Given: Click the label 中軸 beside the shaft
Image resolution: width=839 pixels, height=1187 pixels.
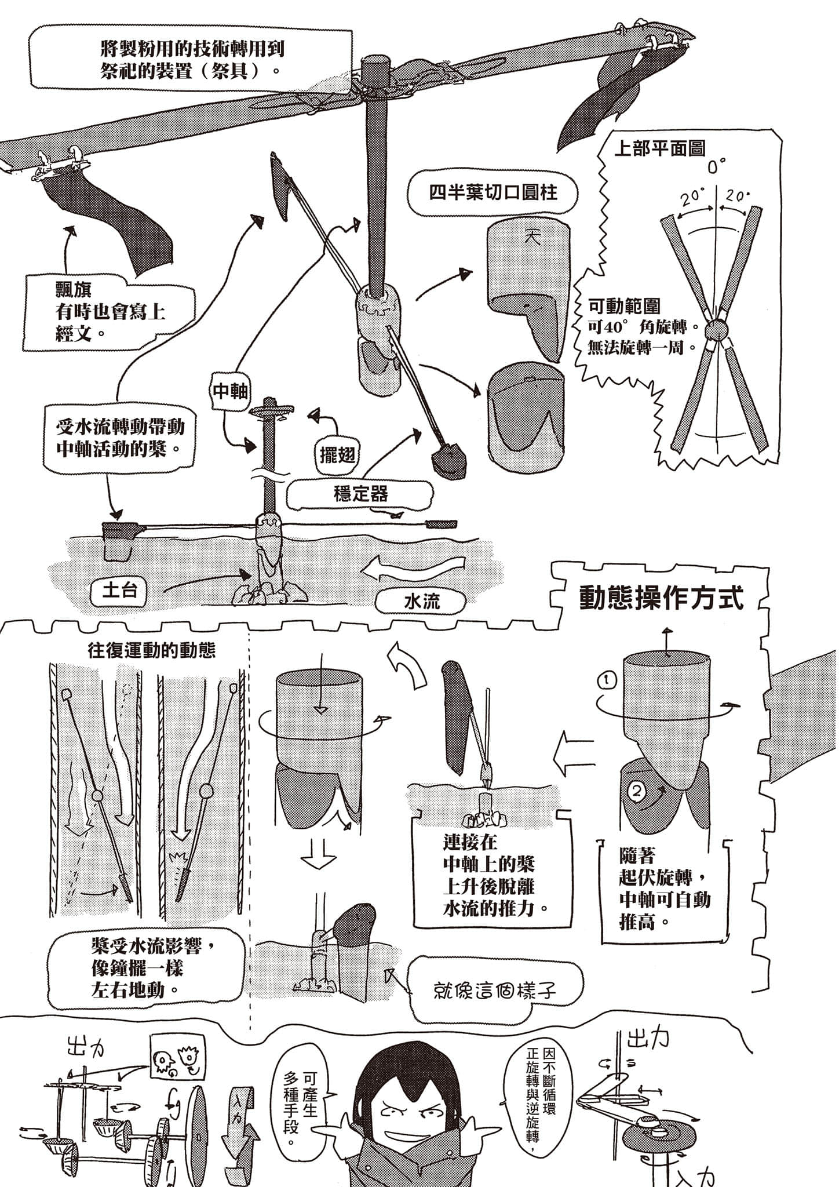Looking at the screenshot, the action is pyautogui.click(x=231, y=392).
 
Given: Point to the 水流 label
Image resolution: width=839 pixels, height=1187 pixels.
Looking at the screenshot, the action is pyautogui.click(x=421, y=601).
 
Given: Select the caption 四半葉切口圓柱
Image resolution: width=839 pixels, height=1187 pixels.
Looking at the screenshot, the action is pyautogui.click(x=493, y=193).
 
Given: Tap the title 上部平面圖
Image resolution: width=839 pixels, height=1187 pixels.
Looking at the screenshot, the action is pyautogui.click(x=659, y=149).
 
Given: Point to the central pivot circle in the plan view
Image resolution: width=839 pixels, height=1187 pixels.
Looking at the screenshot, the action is pyautogui.click(x=717, y=331).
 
